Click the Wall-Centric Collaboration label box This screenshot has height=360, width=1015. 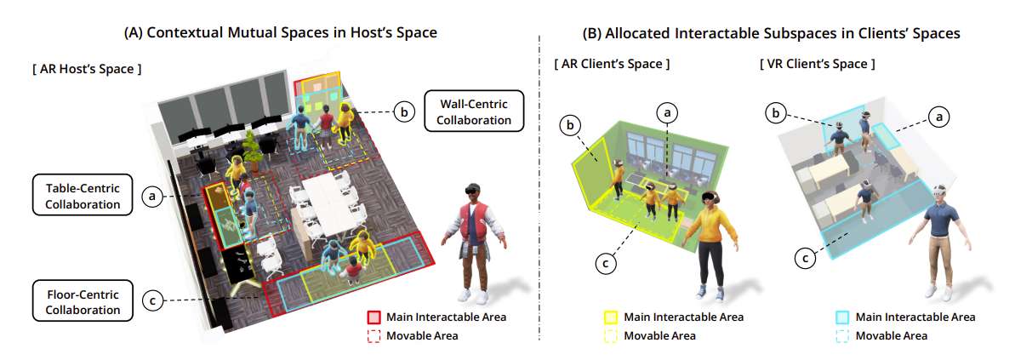(474, 111)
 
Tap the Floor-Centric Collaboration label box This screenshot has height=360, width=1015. (83, 300)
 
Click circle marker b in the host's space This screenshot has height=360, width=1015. (403, 111)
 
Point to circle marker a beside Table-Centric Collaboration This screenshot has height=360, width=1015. (152, 196)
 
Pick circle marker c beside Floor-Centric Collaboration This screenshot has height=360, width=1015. (152, 300)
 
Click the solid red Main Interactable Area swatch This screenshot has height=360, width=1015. (373, 317)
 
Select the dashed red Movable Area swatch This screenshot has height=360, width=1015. (373, 336)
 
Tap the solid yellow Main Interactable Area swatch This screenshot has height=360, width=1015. (610, 317)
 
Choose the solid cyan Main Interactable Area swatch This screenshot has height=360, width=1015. (842, 317)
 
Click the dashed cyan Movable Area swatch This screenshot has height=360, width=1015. (842, 336)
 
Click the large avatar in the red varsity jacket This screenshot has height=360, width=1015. (475, 243)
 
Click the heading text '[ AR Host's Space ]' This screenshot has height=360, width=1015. (86, 69)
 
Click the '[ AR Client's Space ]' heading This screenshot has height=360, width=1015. (612, 64)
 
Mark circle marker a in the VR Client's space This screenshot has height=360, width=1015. (935, 116)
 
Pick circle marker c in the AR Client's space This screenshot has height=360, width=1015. (605, 263)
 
